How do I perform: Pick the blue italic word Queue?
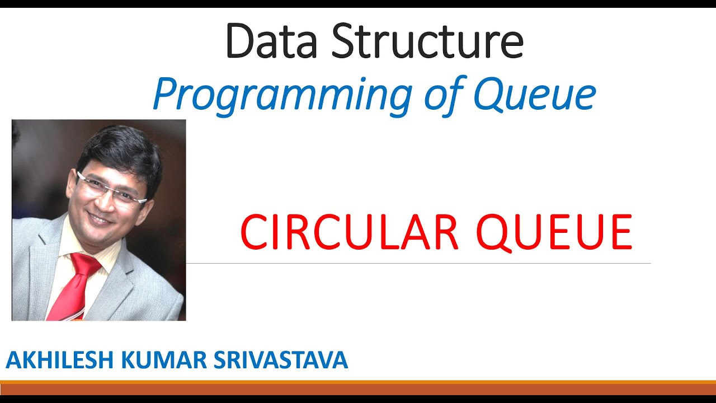pos(535,95)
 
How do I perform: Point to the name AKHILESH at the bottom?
pos(60,360)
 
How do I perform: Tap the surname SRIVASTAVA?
pos(281,360)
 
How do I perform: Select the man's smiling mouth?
pos(100,218)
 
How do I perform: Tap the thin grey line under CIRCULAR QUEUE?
pos(420,263)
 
